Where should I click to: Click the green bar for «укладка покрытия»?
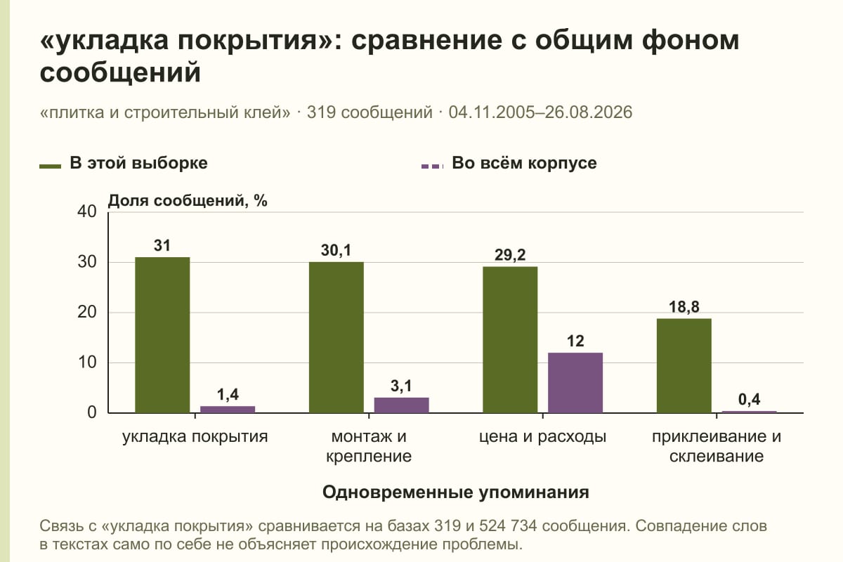click(162, 335)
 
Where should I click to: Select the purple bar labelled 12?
click(575, 383)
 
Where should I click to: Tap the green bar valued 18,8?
click(684, 366)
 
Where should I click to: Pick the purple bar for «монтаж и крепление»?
click(401, 405)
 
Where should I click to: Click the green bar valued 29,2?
click(510, 340)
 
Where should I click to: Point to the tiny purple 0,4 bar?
click(749, 412)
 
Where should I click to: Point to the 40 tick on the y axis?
click(87, 211)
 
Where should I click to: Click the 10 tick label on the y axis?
click(87, 362)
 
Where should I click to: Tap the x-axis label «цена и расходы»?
click(542, 437)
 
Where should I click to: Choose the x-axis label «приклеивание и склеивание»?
click(717, 446)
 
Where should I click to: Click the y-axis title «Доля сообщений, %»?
click(188, 201)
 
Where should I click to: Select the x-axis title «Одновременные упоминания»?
click(456, 492)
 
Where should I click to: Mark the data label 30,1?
click(336, 250)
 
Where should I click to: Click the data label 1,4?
click(228, 395)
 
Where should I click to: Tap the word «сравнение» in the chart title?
click(427, 41)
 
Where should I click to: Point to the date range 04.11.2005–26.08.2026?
click(540, 112)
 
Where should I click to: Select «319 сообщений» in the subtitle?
click(370, 112)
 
